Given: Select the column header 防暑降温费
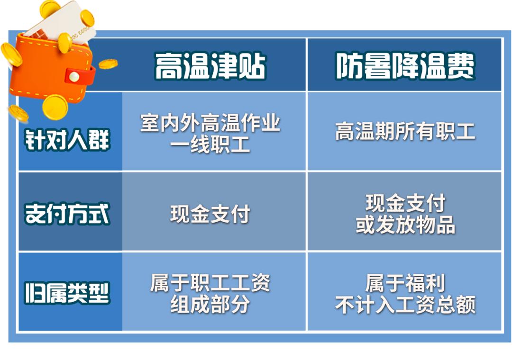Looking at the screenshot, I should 405,66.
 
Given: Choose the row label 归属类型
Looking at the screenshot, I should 67,292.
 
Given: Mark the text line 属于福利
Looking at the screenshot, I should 405,283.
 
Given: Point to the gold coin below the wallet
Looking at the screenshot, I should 55,107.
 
